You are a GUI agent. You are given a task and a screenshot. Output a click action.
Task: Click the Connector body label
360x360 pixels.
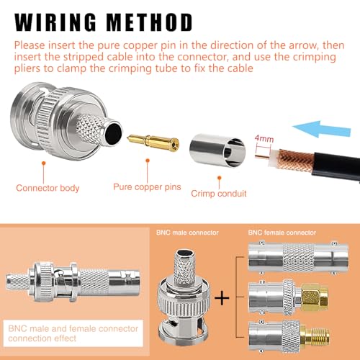tap(48, 188)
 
